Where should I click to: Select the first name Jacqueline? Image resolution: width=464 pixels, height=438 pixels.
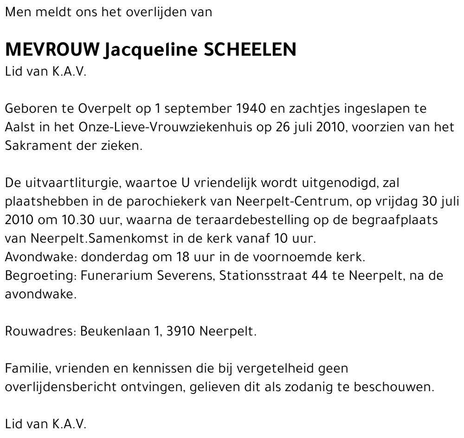(152, 50)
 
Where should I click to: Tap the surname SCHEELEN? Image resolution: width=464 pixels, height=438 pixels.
(250, 50)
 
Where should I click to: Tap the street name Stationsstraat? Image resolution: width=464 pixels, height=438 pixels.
(263, 276)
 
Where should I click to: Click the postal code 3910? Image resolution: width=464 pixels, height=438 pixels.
(180, 331)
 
